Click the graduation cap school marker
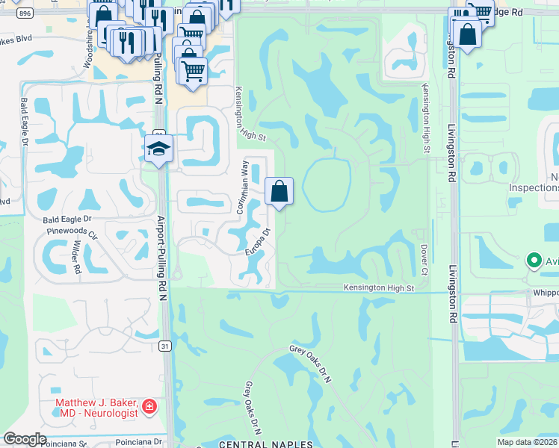pyautogui.click(x=159, y=149)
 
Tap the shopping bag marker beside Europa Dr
pyautogui.click(x=279, y=192)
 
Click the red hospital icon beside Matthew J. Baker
pyautogui.click(x=149, y=407)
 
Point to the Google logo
pyautogui.click(x=25, y=438)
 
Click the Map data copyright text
pyautogui.click(x=527, y=442)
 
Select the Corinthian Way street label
pyautogui.click(x=243, y=187)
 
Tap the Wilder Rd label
pyautogui.click(x=75, y=257)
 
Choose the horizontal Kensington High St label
pyautogui.click(x=378, y=288)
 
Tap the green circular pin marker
pyautogui.click(x=534, y=261)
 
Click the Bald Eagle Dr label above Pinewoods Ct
pyautogui.click(x=67, y=220)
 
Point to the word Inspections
pyautogui.click(x=534, y=187)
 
